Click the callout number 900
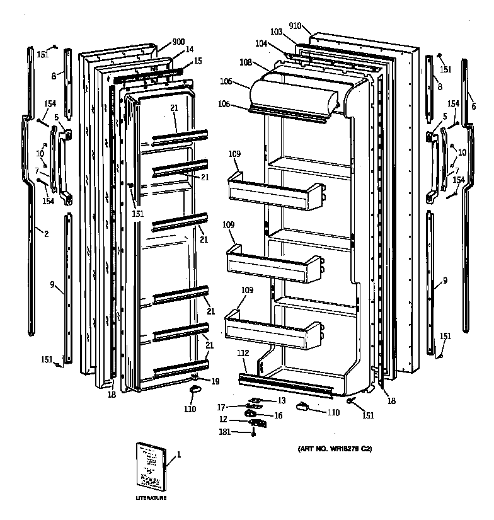[x=178, y=42]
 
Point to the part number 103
[x=276, y=31]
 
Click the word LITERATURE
[x=151, y=498]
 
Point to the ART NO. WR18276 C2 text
[x=335, y=449]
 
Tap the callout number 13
[x=281, y=400]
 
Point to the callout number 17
[x=221, y=407]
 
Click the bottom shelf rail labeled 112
[x=284, y=384]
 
